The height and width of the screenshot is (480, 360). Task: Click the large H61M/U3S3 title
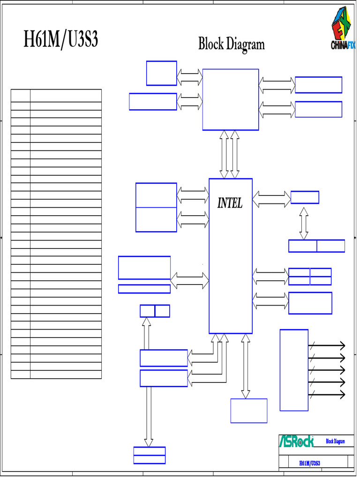point(61,40)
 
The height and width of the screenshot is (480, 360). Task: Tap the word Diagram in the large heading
point(246,45)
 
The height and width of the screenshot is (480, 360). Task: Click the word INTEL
point(230,203)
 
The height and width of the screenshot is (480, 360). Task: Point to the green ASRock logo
point(296,441)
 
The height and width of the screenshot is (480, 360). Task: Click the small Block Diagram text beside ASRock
point(335,442)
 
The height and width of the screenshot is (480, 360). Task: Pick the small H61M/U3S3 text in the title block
point(309,463)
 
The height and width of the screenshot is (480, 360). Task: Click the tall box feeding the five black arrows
point(293,370)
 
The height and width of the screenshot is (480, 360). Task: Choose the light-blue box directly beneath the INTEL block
point(248,411)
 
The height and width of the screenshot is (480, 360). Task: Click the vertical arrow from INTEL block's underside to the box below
point(245,366)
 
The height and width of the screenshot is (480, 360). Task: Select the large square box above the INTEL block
point(230,99)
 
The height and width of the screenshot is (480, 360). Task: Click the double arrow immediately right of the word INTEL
point(271,199)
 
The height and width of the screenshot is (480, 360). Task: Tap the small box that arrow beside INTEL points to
point(305,197)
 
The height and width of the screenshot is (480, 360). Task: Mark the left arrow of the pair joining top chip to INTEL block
point(224,154)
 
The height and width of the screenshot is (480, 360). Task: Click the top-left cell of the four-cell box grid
point(299,272)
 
